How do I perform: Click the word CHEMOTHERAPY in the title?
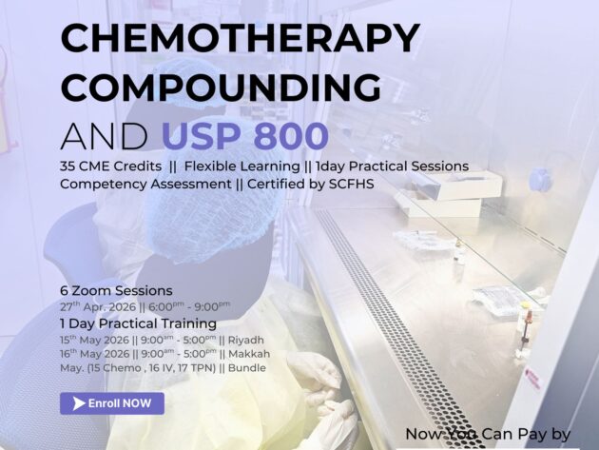tap(240, 39)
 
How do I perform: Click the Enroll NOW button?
tap(112, 403)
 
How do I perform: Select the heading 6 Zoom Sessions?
tap(116, 290)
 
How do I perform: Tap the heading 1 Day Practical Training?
tap(136, 323)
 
